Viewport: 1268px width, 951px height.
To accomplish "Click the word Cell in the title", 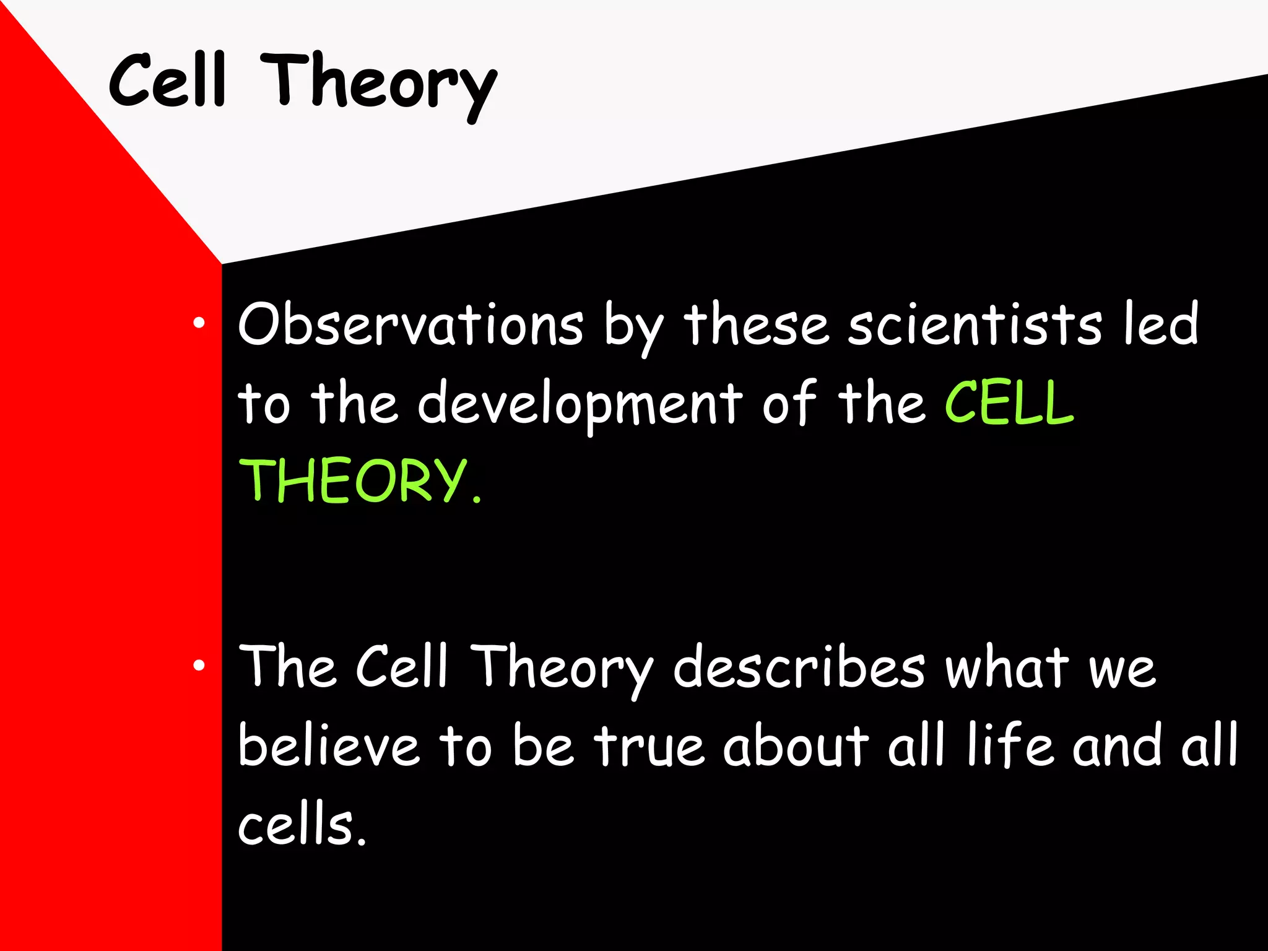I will pyautogui.click(x=167, y=80).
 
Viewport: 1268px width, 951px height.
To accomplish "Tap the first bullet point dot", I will pyautogui.click(x=199, y=323).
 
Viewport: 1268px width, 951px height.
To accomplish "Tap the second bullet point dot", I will pyautogui.click(x=199, y=666).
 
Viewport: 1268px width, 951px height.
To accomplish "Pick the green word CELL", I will pyautogui.click(x=1009, y=404).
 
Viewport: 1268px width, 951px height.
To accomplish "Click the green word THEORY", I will pyautogui.click(x=353, y=481).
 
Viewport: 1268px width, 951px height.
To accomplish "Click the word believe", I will pyautogui.click(x=329, y=745).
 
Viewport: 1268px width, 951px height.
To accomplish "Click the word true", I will pyautogui.click(x=649, y=745).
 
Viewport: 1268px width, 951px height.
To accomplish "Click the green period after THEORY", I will pyautogui.click(x=476, y=498).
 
